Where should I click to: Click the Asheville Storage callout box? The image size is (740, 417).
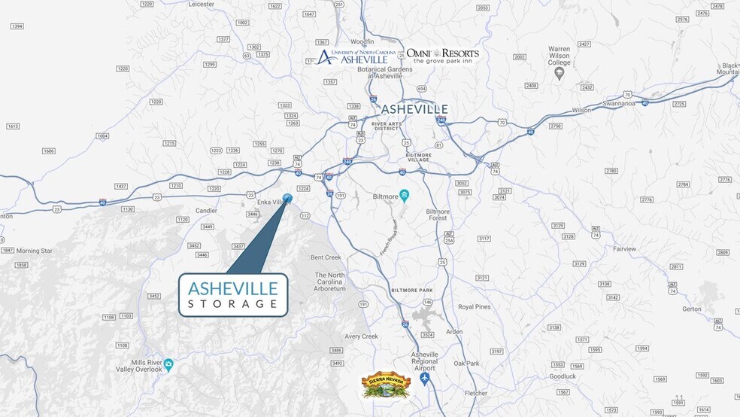click(x=233, y=294)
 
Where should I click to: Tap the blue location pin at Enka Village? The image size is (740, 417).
click(x=287, y=199)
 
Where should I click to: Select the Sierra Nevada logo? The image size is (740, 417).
click(x=384, y=385)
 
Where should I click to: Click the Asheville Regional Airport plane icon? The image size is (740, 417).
click(x=426, y=378)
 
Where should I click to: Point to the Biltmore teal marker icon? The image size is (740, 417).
click(x=404, y=196)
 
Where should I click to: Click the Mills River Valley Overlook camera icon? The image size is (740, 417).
click(x=169, y=365)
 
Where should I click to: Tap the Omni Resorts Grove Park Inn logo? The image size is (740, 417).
click(x=442, y=56)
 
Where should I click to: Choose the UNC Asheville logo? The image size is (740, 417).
click(x=352, y=56)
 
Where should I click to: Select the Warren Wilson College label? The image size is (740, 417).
click(x=559, y=61)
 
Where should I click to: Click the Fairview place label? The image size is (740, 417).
click(x=624, y=248)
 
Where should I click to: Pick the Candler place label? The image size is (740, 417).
click(x=206, y=210)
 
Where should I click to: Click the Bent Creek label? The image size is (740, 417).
click(x=326, y=257)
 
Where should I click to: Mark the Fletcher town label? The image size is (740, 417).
click(x=475, y=393)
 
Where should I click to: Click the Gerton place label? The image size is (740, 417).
click(x=691, y=309)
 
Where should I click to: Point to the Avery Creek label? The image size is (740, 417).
click(x=361, y=336)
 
